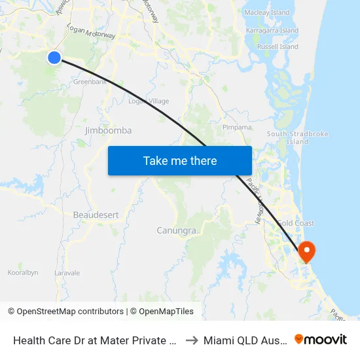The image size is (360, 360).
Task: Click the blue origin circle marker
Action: [54, 58]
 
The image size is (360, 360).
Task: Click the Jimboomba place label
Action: [108, 130]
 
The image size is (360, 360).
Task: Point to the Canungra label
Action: [176, 230]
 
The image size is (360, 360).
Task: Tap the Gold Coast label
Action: [295, 223]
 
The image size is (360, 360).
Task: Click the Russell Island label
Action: [278, 47]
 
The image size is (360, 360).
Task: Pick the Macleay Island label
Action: [266, 12]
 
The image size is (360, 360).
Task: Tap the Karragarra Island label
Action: [272, 30]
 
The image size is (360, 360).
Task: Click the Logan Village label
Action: [149, 101]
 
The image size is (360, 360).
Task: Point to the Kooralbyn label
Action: [23, 272]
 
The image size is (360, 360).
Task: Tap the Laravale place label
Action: [67, 272]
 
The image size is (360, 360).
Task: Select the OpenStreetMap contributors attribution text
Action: [70, 312]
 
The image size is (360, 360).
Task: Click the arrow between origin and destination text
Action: [190, 340]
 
